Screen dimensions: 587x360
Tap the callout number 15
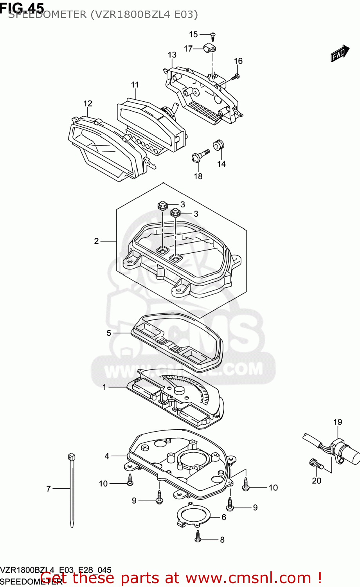193,34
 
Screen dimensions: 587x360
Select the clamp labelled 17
210,49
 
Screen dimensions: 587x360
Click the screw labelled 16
236,76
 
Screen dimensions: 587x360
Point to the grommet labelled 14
218,144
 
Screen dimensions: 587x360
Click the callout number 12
88,103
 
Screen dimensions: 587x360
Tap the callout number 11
135,85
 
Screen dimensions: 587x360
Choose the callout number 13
172,55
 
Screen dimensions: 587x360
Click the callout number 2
97,241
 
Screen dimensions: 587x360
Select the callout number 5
109,333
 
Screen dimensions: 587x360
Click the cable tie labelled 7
72,489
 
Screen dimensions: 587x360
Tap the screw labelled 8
198,538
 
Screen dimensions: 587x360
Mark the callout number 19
337,422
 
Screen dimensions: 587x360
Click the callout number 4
107,456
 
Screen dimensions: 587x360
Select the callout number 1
104,387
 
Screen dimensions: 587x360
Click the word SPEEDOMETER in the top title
47,14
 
